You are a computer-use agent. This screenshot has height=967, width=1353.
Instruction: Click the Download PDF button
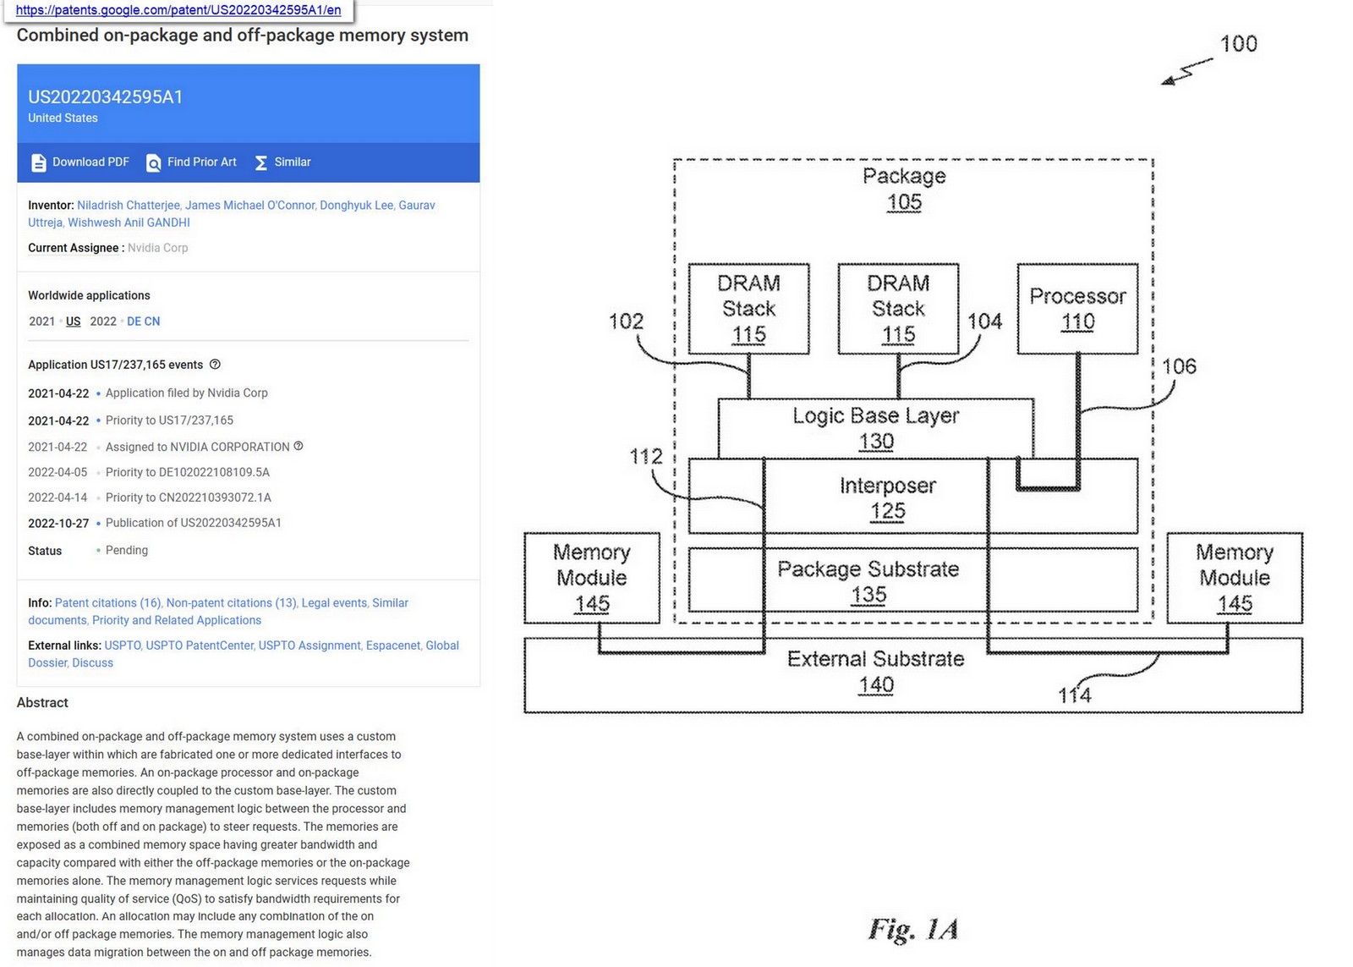tap(81, 162)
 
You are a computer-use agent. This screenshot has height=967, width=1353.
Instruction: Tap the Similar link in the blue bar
tap(283, 162)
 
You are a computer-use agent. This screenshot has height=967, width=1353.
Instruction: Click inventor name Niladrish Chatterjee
tap(129, 206)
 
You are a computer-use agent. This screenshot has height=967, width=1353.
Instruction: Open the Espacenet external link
tap(392, 646)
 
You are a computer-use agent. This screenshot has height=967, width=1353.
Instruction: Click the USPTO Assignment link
tap(309, 646)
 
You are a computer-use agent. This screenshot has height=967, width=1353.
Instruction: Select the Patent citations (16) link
tap(108, 603)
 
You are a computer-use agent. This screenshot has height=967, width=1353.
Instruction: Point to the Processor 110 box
tap(1077, 308)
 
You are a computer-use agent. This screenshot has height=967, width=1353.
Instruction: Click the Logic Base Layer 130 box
tap(875, 427)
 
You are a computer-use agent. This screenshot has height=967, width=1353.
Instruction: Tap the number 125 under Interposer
tap(887, 511)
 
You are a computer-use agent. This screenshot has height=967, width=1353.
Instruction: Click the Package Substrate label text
tap(868, 569)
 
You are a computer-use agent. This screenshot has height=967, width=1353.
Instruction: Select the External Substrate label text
tap(875, 659)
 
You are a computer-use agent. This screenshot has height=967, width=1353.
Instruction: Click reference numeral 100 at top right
tap(1238, 44)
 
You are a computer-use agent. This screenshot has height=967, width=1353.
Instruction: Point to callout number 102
tap(626, 321)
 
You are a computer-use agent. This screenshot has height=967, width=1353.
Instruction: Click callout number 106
tap(1179, 366)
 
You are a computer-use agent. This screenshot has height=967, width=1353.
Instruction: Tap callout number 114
tap(1074, 695)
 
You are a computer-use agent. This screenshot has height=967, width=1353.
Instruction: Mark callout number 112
tap(646, 457)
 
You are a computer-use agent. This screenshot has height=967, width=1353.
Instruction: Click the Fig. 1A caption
tap(913, 930)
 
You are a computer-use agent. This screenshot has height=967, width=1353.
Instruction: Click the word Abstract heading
tap(42, 703)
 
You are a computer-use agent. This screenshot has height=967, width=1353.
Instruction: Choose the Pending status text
tap(127, 551)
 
